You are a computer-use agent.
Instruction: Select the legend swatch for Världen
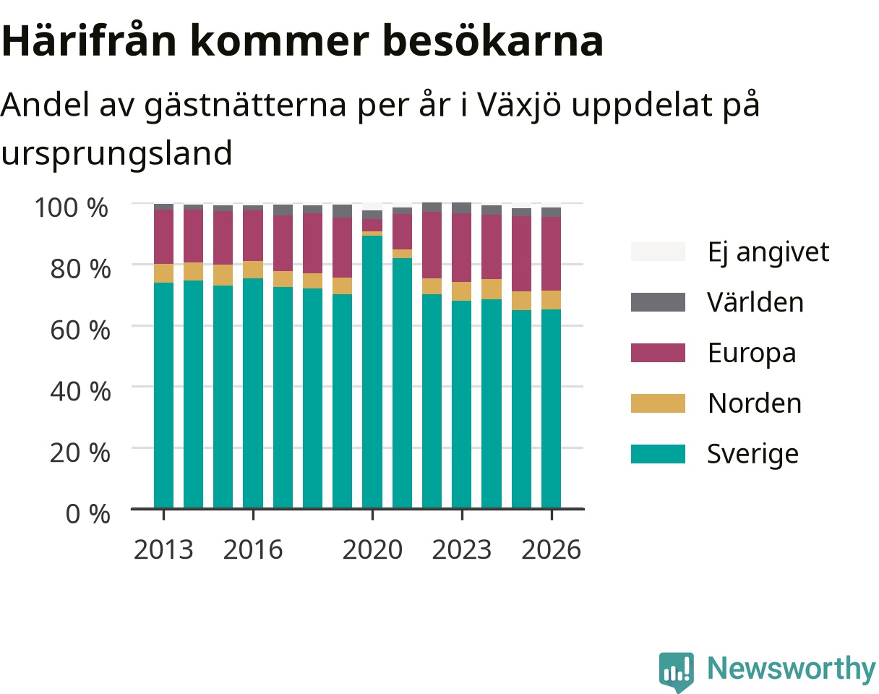coord(658,302)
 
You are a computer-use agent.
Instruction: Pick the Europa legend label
coord(752,354)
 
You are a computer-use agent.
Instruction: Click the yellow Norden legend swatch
coord(658,403)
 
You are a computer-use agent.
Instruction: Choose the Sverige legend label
coord(752,454)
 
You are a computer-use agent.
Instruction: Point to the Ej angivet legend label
coord(768,252)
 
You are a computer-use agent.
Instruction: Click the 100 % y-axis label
coord(72,207)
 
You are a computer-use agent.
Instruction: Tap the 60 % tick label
coord(80,330)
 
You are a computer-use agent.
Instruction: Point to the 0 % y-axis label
coord(87,513)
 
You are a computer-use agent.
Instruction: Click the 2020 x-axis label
coord(372,549)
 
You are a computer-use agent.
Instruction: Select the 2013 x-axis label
coord(163,549)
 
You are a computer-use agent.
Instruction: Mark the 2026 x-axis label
coord(551,549)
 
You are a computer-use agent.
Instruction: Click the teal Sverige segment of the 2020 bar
coord(372,372)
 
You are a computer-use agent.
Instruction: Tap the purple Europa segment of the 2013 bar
coord(163,236)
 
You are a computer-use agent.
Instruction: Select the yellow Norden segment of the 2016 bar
coord(253,270)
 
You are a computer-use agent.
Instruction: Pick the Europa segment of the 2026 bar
coord(551,254)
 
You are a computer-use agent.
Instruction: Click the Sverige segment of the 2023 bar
coord(462,404)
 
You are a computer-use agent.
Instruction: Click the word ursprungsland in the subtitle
coord(116,153)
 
